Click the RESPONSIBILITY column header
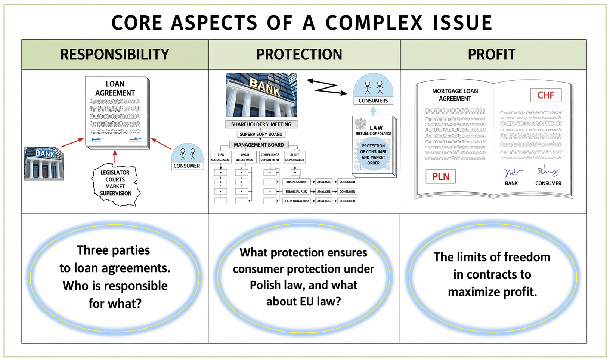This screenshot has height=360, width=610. click(x=115, y=55)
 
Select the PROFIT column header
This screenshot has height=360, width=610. click(x=492, y=55)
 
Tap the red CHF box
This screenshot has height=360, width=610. click(x=545, y=95)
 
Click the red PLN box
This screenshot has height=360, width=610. click(x=440, y=176)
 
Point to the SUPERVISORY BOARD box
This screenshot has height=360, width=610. click(x=261, y=134)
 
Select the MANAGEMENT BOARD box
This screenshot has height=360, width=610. click(x=258, y=145)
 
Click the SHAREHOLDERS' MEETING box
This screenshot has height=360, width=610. click(x=261, y=124)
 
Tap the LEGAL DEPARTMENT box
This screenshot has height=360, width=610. click(x=245, y=157)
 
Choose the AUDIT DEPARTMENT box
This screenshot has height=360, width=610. click(x=294, y=157)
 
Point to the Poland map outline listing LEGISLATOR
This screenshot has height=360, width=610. click(x=115, y=184)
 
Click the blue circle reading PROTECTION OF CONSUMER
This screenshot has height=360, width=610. click(x=373, y=154)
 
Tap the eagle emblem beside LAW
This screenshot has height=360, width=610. click(x=360, y=124)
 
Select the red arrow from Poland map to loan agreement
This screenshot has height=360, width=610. click(x=115, y=157)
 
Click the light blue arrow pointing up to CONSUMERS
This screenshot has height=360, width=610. click(x=373, y=110)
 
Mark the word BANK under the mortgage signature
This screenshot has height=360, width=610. click(x=511, y=184)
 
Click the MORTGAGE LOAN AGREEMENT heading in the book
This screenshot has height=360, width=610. click(x=455, y=95)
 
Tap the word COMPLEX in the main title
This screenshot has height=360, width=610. click(x=374, y=23)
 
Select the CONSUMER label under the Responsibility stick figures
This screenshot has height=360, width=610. click(x=187, y=166)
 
